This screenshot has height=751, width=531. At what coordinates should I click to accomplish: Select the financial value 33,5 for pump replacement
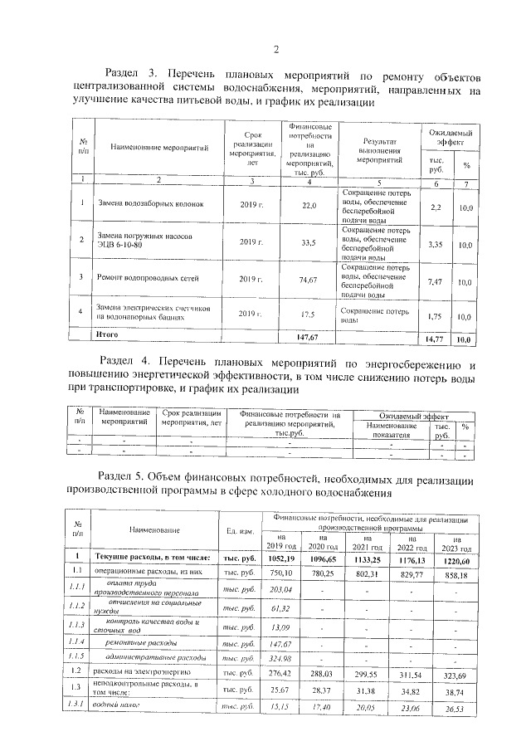[x=309, y=242]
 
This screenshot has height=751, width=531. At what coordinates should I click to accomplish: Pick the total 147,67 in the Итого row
[x=309, y=337]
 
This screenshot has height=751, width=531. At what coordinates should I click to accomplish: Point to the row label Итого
[x=108, y=334]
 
